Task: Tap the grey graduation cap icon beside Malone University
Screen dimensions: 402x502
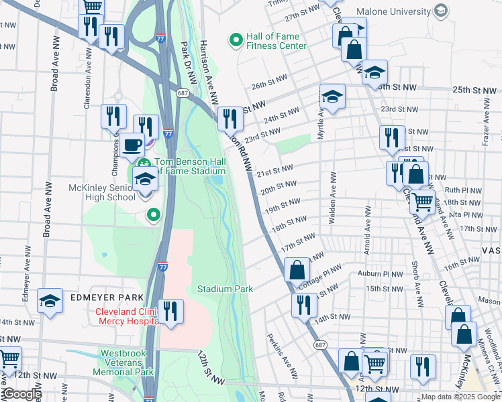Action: [440, 11]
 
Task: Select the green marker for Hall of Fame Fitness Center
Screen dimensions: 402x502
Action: [236, 40]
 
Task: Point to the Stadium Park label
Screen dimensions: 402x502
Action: [225, 289]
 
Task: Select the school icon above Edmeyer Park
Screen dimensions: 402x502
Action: [50, 301]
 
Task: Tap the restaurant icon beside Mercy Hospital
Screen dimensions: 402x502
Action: [170, 311]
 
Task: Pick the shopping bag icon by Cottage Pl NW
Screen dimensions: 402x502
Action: [297, 270]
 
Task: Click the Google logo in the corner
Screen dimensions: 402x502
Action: [21, 395]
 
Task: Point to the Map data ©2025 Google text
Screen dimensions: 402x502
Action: [460, 397]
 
